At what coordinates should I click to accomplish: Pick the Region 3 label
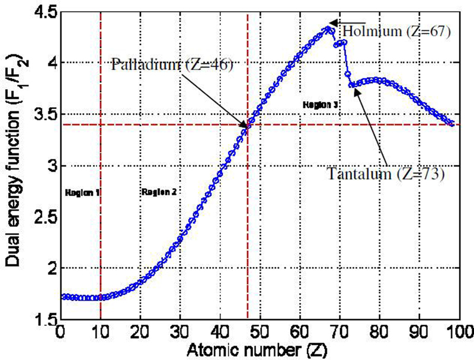pos(321,104)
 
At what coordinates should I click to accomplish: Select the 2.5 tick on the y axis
pos(43,218)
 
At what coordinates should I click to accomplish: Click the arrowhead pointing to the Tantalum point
pos(354,88)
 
